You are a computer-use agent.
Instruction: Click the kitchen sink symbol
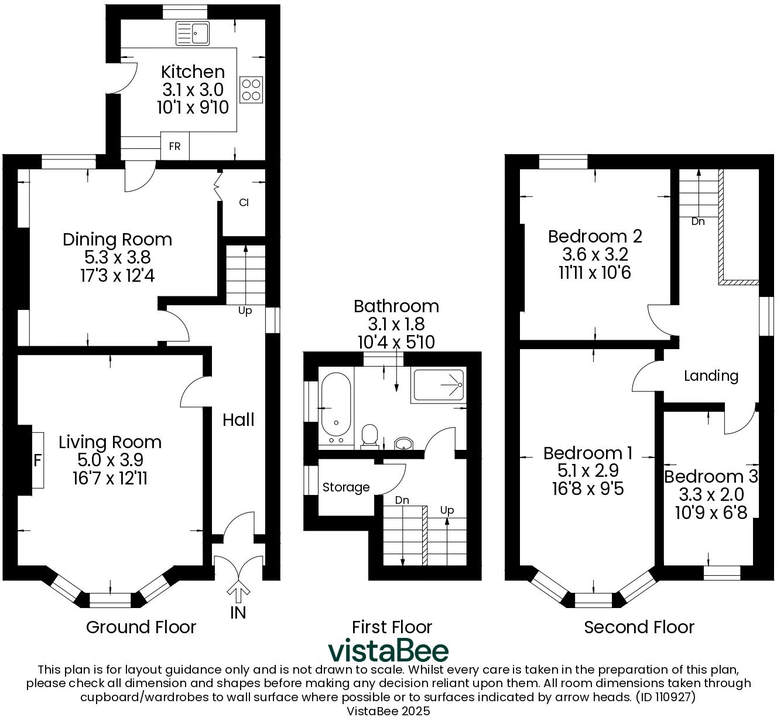click(x=193, y=33)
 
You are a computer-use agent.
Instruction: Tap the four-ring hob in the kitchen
click(x=251, y=90)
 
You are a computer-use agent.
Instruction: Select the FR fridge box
click(x=174, y=146)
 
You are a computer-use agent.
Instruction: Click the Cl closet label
click(x=244, y=203)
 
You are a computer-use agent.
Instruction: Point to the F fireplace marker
click(x=37, y=460)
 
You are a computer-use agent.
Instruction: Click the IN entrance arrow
click(x=238, y=593)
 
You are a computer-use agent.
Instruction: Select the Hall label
click(x=238, y=419)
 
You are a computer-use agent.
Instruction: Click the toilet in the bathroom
click(x=369, y=436)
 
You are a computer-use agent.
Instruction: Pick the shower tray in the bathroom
click(x=439, y=385)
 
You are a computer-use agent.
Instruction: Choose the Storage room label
click(x=346, y=487)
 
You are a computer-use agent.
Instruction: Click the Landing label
click(x=711, y=375)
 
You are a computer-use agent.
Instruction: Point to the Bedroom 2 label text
click(x=595, y=237)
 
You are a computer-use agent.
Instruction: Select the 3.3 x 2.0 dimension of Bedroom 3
click(x=711, y=495)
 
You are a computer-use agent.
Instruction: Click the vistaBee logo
click(x=388, y=650)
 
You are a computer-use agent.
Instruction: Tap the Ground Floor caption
click(x=141, y=627)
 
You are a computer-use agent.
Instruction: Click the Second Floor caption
click(x=639, y=627)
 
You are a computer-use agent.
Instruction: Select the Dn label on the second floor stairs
click(x=698, y=221)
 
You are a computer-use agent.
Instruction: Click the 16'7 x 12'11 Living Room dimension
click(x=110, y=479)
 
